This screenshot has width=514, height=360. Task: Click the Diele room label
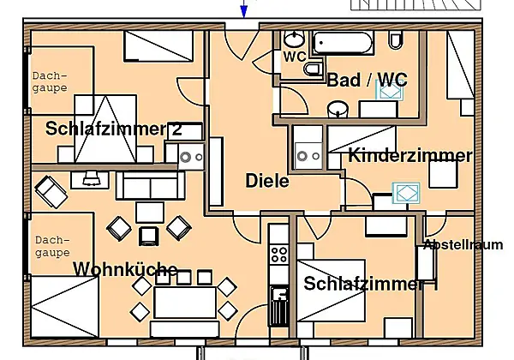(267, 181)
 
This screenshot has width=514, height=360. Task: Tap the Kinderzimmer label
(410, 155)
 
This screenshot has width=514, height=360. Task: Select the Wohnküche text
(125, 269)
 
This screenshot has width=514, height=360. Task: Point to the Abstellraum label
(463, 245)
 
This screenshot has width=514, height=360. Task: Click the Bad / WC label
(368, 80)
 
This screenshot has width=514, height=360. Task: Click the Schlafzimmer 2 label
(114, 129)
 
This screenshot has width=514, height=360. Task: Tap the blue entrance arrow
(243, 9)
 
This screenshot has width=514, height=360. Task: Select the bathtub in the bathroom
(343, 42)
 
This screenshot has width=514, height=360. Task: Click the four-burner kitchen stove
(278, 255)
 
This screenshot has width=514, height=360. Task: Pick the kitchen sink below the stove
(279, 306)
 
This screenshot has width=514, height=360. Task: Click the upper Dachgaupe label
(50, 82)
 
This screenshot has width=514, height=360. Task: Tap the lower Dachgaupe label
(52, 247)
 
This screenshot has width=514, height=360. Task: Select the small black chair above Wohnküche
(149, 236)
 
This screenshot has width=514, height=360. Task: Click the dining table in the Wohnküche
(185, 303)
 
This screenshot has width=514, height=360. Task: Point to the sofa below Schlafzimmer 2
(151, 186)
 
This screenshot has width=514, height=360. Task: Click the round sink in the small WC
(294, 39)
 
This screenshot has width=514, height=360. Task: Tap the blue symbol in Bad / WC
(390, 91)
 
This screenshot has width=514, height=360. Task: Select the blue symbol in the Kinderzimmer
(406, 193)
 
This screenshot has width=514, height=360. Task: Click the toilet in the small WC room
(313, 69)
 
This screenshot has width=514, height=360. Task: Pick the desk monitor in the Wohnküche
(90, 178)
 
